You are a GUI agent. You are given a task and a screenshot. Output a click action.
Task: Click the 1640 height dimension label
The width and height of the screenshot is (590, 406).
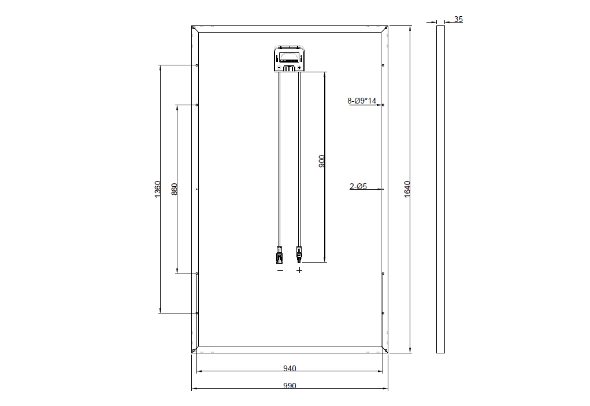tap(407, 189)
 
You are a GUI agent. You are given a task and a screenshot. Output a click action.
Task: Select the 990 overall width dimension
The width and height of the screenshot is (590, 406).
tap(290, 386)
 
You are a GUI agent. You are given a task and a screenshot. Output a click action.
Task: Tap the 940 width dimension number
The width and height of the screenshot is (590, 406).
tap(290, 368)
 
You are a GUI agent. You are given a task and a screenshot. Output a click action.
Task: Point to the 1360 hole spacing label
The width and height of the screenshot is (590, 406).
tap(157, 189)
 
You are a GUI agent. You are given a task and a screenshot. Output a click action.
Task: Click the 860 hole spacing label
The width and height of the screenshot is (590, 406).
tap(174, 189)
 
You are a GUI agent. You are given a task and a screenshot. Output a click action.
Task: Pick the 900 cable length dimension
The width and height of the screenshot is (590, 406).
tap(322, 161)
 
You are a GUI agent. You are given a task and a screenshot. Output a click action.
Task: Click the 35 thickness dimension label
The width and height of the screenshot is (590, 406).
tap(458, 19)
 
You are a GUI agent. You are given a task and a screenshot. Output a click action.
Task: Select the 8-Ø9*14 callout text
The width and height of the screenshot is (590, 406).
tap(362, 101)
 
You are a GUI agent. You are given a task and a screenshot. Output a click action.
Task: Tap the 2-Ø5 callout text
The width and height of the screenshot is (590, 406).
tap(358, 186)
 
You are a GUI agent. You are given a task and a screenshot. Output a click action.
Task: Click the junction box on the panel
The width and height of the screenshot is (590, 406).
tap(289, 58)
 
